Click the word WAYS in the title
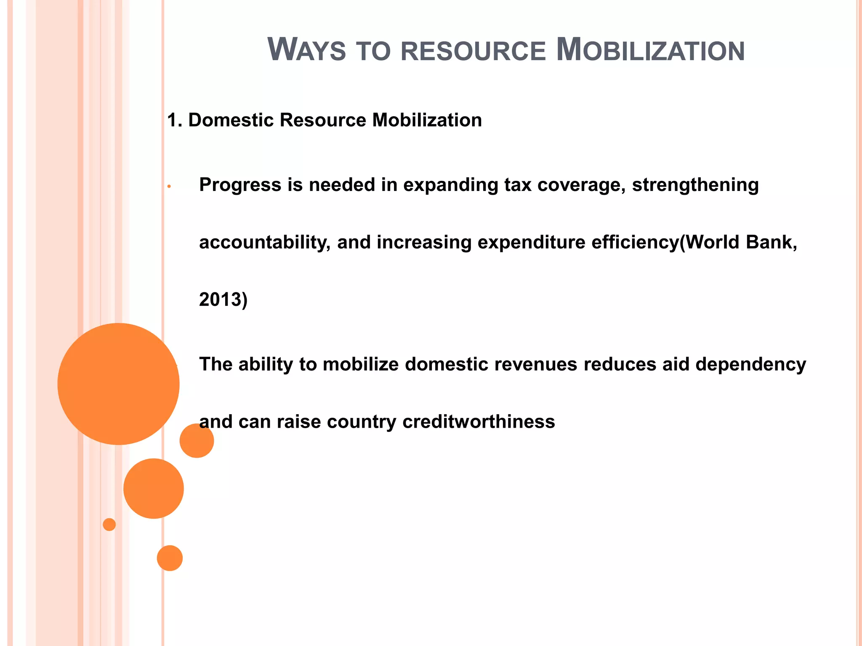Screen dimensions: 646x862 tap(306, 50)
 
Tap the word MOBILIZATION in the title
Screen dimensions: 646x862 tap(650, 50)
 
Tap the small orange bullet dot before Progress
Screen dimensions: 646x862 tap(168, 186)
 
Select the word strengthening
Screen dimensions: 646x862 tap(695, 185)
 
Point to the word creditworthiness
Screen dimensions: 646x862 tap(479, 422)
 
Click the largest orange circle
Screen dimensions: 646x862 tap(118, 384)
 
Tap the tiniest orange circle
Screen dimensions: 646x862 tap(109, 524)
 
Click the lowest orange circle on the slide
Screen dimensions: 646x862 tap(170, 558)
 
